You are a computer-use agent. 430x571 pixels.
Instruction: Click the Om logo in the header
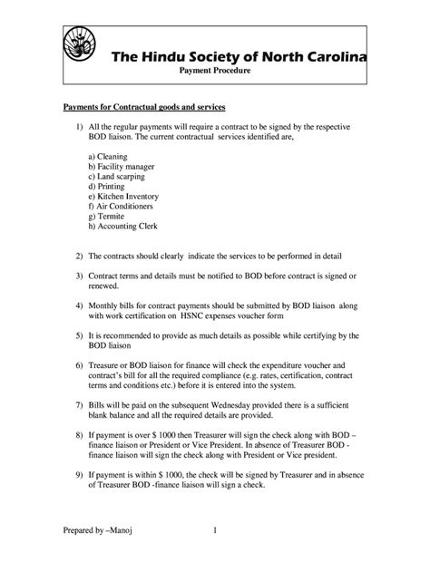pos(78,46)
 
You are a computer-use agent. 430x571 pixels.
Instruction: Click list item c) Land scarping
pos(115,177)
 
